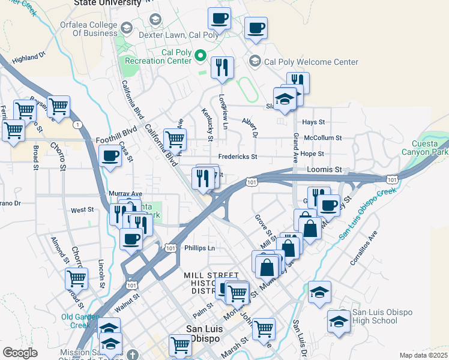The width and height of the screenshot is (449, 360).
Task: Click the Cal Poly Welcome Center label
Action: pyautogui.click(x=311, y=62)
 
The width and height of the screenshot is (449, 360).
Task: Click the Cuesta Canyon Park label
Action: pyautogui.click(x=430, y=148)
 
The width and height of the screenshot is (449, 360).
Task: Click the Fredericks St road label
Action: pyautogui.click(x=237, y=157)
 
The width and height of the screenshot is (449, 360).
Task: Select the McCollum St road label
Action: pyautogui.click(x=323, y=137)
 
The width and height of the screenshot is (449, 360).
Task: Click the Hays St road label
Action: pyautogui.click(x=313, y=122)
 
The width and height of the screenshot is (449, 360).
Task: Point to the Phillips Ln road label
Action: pyautogui.click(x=199, y=247)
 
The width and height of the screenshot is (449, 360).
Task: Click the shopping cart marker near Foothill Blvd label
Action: pyautogui.click(x=175, y=139)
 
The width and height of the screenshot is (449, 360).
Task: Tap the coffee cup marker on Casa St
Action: pyautogui.click(x=110, y=156)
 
